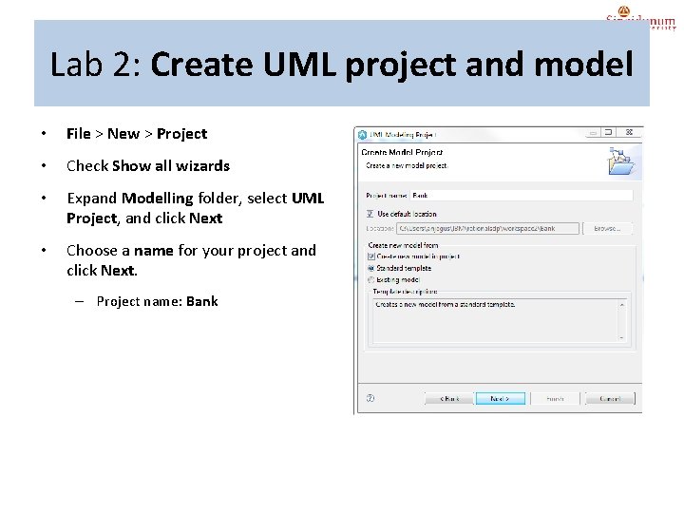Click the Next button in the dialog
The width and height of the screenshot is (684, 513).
(x=500, y=399)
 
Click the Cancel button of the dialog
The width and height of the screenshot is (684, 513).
(x=604, y=399)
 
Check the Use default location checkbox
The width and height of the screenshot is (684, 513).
(x=370, y=214)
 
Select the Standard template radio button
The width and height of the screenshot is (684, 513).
(x=370, y=268)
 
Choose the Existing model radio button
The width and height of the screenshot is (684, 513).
(x=370, y=279)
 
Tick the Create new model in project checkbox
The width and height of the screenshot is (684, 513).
(x=370, y=256)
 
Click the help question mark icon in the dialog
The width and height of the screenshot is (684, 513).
(x=370, y=399)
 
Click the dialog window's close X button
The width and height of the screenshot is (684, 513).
(x=630, y=134)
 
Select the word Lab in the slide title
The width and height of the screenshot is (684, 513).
(x=72, y=66)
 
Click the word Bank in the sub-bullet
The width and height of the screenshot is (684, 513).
(x=201, y=301)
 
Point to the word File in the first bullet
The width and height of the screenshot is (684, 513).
(x=79, y=134)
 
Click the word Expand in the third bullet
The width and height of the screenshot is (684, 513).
(x=92, y=199)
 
